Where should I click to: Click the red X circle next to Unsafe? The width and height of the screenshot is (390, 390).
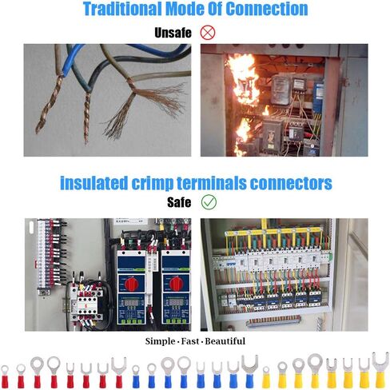[208, 33]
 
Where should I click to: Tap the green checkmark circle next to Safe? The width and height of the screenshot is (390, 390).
[209, 202]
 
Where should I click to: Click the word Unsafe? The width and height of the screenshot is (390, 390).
[173, 33]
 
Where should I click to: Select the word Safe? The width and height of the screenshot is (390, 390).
[179, 202]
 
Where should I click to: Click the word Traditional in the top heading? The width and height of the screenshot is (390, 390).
[122, 9]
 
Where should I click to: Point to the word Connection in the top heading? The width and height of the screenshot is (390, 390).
[267, 9]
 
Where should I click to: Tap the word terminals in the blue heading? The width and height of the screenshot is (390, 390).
[212, 183]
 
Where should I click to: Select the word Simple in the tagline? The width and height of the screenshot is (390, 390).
[160, 341]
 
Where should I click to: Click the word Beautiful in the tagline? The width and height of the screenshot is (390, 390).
[225, 341]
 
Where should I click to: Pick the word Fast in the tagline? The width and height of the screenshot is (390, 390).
[190, 341]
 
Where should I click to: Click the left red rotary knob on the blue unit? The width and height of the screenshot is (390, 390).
[131, 284]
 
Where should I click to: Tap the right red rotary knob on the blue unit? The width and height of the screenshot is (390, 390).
[176, 284]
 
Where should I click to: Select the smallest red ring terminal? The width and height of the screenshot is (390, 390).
[5, 378]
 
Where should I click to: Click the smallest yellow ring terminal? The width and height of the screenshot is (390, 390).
[266, 379]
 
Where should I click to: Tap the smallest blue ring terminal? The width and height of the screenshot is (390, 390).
[136, 378]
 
